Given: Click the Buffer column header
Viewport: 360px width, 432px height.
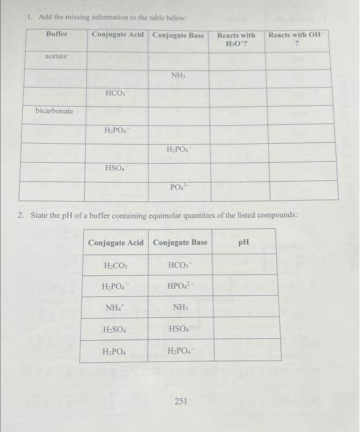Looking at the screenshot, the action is [x=57, y=35].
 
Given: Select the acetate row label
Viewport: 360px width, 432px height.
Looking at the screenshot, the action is [x=56, y=56].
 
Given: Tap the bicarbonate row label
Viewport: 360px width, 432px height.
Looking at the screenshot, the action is [x=54, y=111].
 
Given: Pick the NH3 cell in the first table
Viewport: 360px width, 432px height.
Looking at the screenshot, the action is [x=178, y=75].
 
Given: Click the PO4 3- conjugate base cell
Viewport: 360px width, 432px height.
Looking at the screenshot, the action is [x=178, y=187].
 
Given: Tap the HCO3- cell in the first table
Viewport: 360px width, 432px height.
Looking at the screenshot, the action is [x=117, y=93].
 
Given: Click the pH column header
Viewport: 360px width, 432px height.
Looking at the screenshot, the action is [x=244, y=242].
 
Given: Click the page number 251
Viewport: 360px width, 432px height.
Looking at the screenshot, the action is [x=181, y=402].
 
